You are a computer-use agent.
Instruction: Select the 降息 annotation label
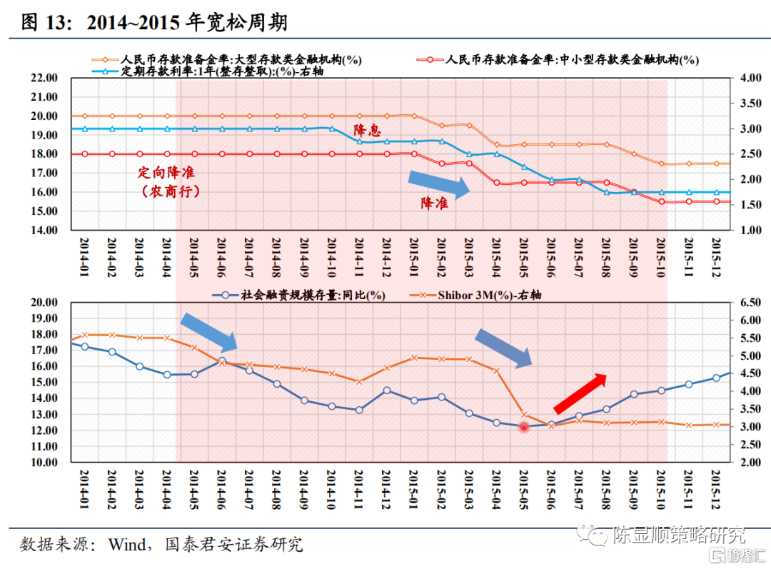(x=368, y=131)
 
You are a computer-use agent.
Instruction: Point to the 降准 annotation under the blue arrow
(x=434, y=203)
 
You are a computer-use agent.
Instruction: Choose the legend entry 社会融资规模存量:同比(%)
(x=304, y=295)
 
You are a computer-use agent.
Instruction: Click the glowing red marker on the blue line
(x=523, y=426)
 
